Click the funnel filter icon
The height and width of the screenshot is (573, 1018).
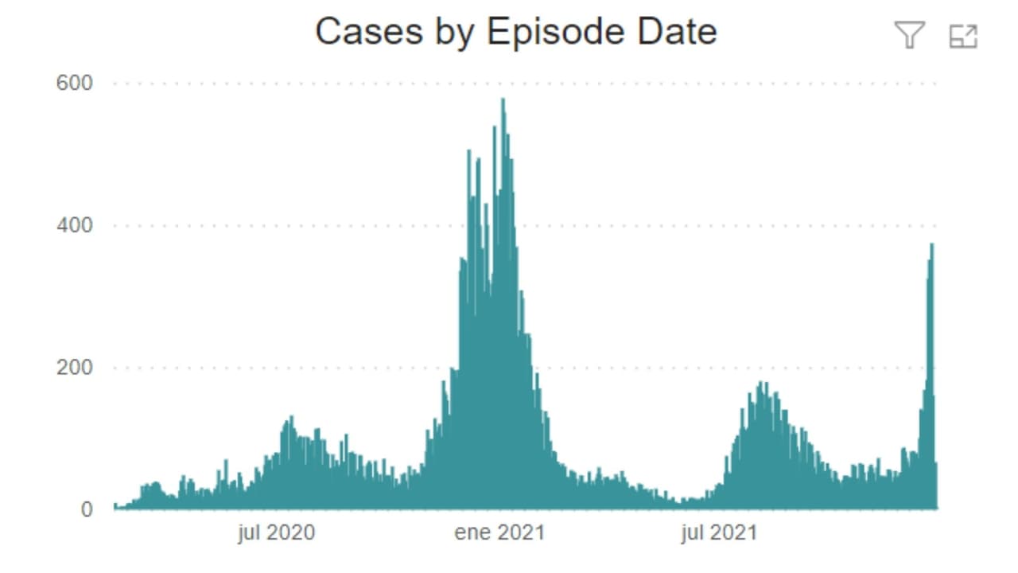pyautogui.click(x=909, y=35)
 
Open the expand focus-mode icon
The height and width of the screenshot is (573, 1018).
pyautogui.click(x=963, y=36)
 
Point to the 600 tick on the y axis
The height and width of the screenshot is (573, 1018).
pyautogui.click(x=74, y=83)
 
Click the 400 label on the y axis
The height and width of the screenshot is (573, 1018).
pyautogui.click(x=74, y=225)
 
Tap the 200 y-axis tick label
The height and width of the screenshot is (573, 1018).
pyautogui.click(x=74, y=368)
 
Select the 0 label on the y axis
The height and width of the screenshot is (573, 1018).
pyautogui.click(x=86, y=509)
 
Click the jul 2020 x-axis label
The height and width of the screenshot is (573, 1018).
pyautogui.click(x=276, y=532)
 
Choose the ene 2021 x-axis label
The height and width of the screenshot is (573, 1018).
pyautogui.click(x=499, y=532)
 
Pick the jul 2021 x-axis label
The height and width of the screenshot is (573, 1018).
pyautogui.click(x=719, y=532)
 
